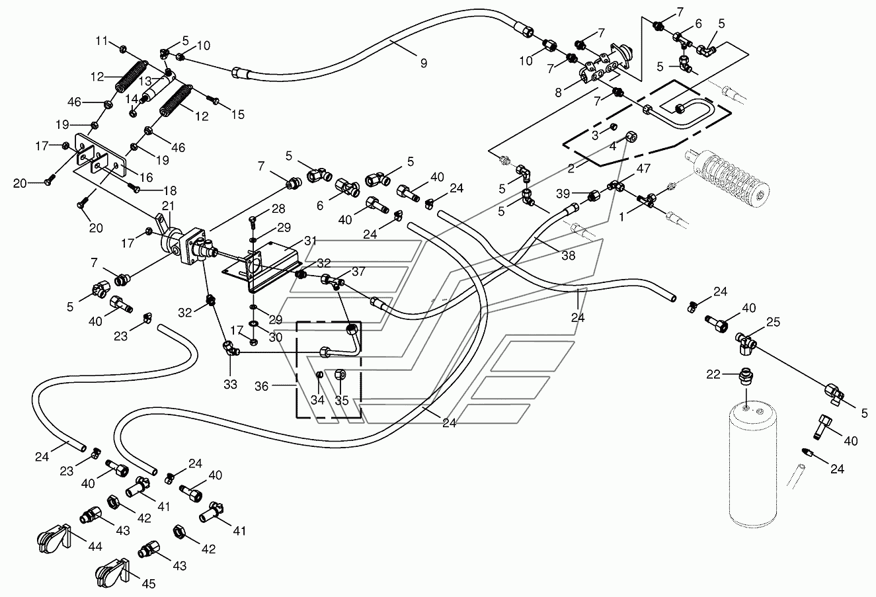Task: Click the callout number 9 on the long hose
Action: point(424,63)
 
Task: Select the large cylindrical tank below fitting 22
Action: point(756,463)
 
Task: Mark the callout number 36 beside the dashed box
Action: point(262,386)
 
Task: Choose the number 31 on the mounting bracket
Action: point(311,241)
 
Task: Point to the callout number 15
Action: point(237,114)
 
